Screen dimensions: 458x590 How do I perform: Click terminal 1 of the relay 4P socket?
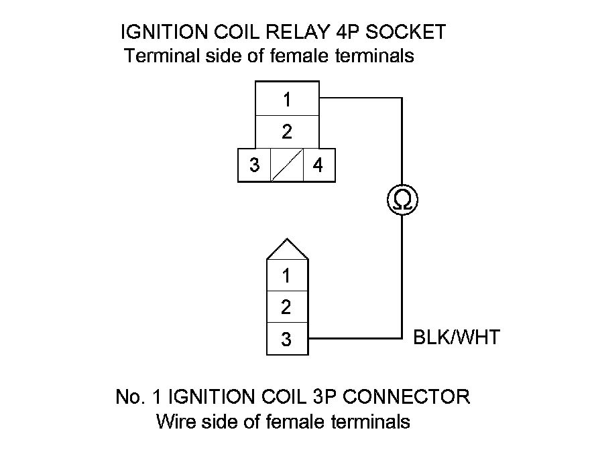(x=287, y=100)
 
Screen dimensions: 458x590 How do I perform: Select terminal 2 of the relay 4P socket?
(x=287, y=132)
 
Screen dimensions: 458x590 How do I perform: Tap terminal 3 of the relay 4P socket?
(x=255, y=165)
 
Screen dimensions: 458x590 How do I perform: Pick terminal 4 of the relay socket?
(x=318, y=165)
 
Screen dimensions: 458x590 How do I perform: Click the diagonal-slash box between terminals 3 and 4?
(x=287, y=165)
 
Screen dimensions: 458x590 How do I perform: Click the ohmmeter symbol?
(x=402, y=200)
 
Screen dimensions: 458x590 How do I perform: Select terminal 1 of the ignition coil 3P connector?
(x=287, y=275)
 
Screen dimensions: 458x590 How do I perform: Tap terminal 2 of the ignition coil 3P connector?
(x=287, y=307)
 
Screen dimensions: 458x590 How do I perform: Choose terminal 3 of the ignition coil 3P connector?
(x=287, y=339)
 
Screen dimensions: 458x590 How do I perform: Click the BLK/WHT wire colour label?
(x=457, y=337)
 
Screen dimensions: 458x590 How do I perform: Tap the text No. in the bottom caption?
(x=129, y=396)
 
